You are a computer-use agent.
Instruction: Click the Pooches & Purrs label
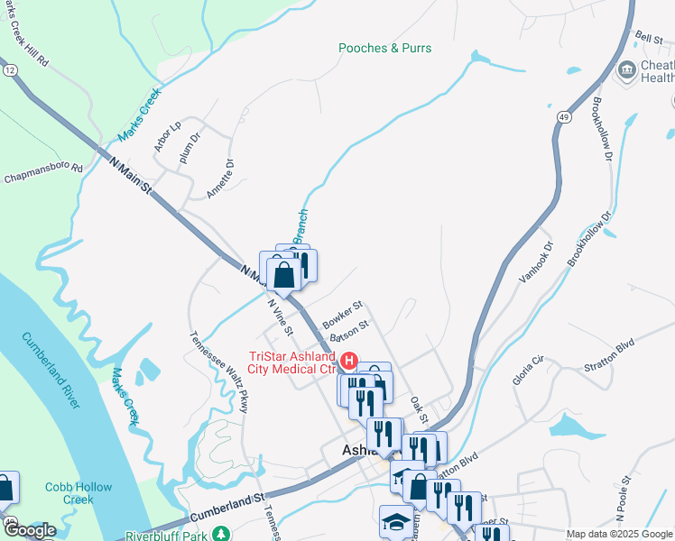[x=385, y=48]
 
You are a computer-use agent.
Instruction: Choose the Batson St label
[x=350, y=331]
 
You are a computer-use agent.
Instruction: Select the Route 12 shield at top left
[x=9, y=69]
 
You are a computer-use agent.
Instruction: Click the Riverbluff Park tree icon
[x=219, y=536]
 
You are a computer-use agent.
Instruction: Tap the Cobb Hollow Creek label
[x=79, y=493]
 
